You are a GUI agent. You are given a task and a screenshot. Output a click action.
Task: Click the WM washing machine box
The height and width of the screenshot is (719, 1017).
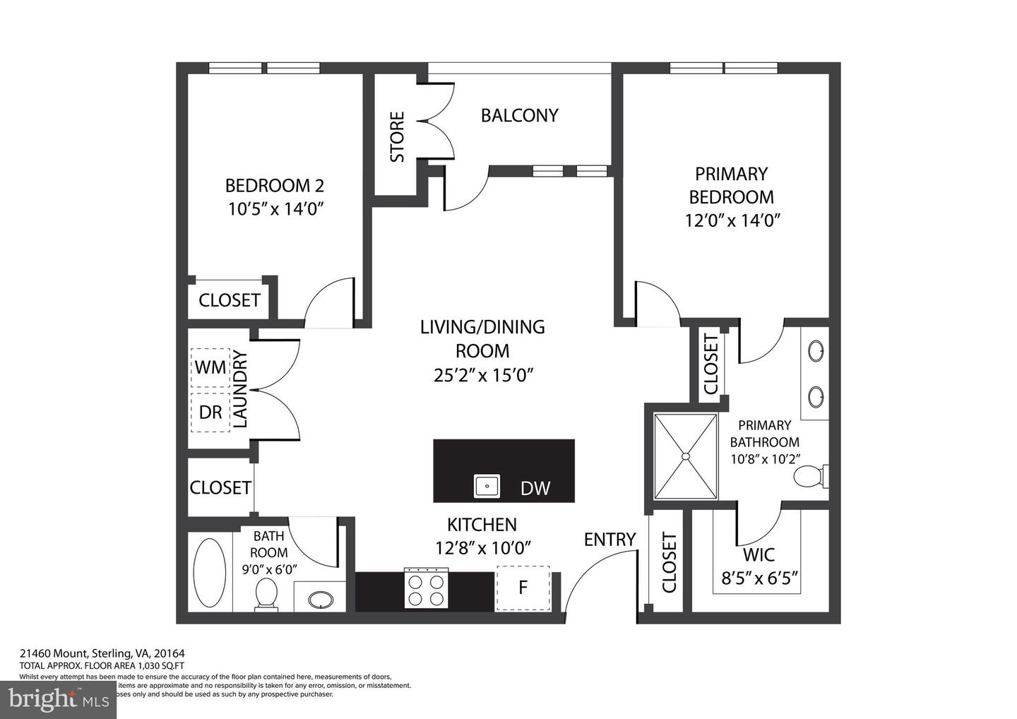pos(210,368)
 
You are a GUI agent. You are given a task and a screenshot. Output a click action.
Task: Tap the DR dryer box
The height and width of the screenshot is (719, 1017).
pos(210,412)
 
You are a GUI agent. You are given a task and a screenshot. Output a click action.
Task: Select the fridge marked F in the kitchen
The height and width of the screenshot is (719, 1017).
pos(523,588)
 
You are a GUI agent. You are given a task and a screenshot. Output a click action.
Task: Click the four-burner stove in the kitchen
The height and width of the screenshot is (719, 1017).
pos(426,588)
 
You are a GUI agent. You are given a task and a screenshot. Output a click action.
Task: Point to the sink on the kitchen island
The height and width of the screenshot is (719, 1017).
pos(487,486)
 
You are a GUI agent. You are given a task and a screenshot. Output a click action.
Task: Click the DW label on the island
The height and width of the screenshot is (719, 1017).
pos(535,488)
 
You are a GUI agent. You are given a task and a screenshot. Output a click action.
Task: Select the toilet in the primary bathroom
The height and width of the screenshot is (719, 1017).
pos(809,477)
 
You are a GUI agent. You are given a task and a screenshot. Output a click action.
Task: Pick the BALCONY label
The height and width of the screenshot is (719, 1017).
pos(519,115)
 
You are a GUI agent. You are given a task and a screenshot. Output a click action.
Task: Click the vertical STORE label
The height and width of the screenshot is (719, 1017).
pos(398,136)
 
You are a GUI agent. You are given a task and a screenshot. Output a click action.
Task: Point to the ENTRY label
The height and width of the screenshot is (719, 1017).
pos(609,540)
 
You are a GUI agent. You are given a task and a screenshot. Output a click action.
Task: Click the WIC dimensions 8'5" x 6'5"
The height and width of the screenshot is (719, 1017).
pos(759,579)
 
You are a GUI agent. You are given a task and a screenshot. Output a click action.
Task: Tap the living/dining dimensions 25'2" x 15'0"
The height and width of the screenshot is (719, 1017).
pos(482,375)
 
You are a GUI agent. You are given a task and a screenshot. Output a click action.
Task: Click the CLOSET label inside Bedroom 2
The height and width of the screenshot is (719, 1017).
pos(230,300)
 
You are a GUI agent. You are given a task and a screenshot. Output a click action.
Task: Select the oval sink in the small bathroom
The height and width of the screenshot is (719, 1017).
pos(320,600)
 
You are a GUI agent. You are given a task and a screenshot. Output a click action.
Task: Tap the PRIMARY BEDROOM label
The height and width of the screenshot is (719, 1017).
pos(731,185)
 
